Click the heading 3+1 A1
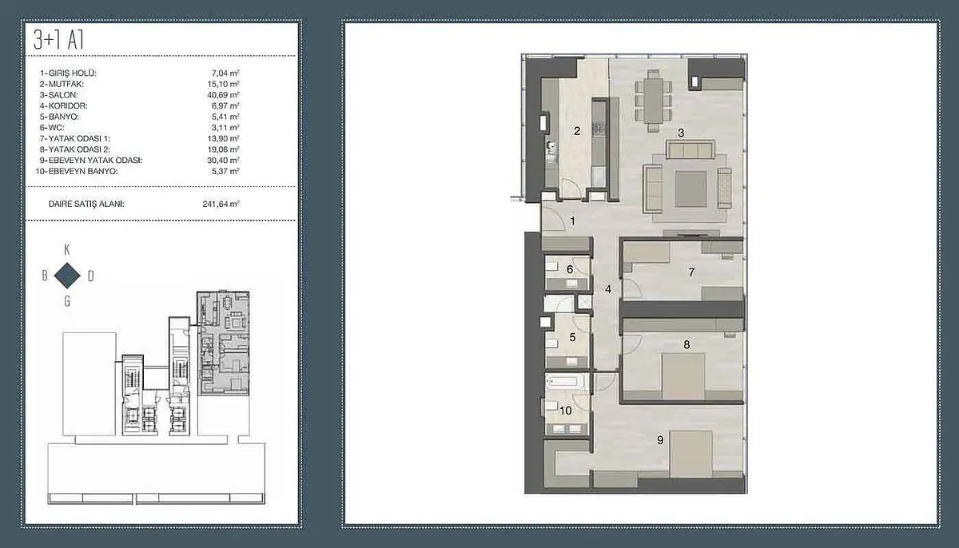pyautogui.click(x=58, y=40)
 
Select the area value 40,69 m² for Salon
pyautogui.click(x=223, y=95)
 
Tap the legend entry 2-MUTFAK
pyautogui.click(x=62, y=84)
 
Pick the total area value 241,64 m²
pyautogui.click(x=221, y=204)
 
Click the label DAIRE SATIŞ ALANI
pyautogui.click(x=86, y=204)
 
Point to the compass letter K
pyautogui.click(x=67, y=250)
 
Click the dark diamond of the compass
pyautogui.click(x=67, y=276)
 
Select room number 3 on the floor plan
pyautogui.click(x=681, y=133)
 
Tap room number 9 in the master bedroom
pyautogui.click(x=660, y=440)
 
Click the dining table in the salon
pyautogui.click(x=654, y=100)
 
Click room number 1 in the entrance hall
pyautogui.click(x=572, y=221)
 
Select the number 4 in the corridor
pyautogui.click(x=608, y=290)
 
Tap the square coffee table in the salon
pyautogui.click(x=691, y=189)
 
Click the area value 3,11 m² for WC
pyautogui.click(x=225, y=128)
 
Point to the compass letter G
pyautogui.click(x=67, y=302)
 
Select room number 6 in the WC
pyautogui.click(x=570, y=269)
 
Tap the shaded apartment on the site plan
pyautogui.click(x=223, y=343)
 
